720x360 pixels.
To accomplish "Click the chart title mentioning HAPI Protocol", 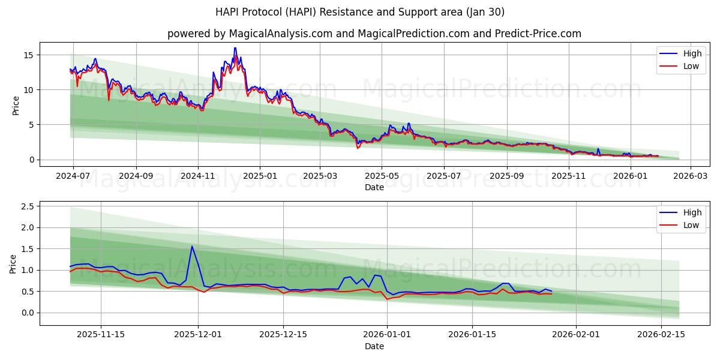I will click(x=360, y=12).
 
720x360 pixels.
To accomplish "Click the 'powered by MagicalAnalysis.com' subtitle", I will click(x=374, y=34).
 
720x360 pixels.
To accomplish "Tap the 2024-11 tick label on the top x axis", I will click(x=198, y=176).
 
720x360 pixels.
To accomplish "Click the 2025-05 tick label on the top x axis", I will click(x=382, y=176).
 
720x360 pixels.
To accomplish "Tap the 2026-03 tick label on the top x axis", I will click(x=690, y=176).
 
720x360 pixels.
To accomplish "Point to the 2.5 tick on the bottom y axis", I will click(x=26, y=206).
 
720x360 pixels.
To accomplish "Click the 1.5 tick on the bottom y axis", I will click(x=26, y=249).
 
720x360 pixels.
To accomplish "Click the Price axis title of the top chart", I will click(x=16, y=105).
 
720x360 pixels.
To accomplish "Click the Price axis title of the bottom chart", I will click(x=13, y=263).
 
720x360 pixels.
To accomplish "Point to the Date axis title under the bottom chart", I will click(x=374, y=346).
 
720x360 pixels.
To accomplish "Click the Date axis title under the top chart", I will click(x=374, y=187).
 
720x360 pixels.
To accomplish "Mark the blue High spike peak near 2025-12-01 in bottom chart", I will click(x=192, y=246).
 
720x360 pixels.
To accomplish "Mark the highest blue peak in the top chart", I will click(x=235, y=48).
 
